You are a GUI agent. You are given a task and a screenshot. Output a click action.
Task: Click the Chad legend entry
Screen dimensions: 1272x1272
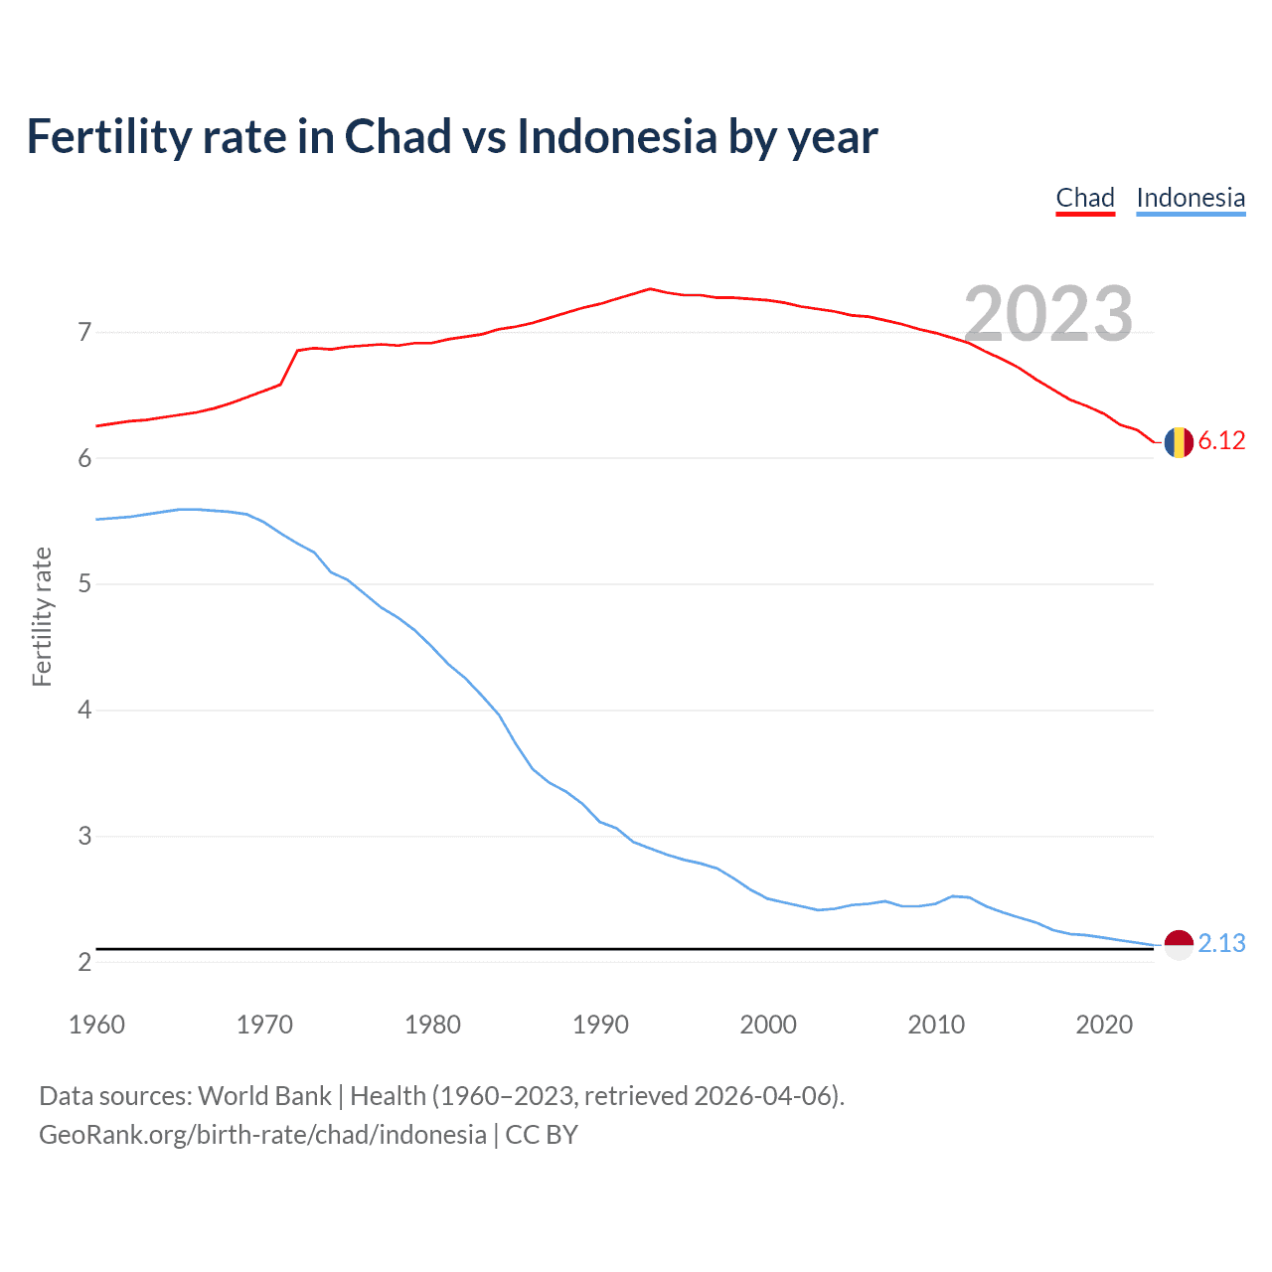pyautogui.click(x=1085, y=198)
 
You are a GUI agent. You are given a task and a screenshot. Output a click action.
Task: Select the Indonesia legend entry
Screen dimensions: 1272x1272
pyautogui.click(x=1191, y=198)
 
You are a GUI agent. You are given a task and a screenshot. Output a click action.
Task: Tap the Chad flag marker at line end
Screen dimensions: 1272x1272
pyautogui.click(x=1179, y=441)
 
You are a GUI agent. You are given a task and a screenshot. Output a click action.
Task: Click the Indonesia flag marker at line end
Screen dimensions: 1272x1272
pyautogui.click(x=1179, y=944)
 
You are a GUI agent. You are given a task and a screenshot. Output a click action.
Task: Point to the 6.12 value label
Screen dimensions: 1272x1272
pyautogui.click(x=1221, y=441)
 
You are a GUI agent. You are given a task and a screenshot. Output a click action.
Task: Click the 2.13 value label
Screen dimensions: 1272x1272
pyautogui.click(x=1221, y=944)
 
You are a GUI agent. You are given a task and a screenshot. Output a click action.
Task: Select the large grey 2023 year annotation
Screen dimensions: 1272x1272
pyautogui.click(x=1048, y=314)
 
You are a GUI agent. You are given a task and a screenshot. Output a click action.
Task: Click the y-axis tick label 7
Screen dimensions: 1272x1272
pyautogui.click(x=84, y=332)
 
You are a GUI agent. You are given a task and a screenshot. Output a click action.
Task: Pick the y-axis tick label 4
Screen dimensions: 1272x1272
pyautogui.click(x=84, y=711)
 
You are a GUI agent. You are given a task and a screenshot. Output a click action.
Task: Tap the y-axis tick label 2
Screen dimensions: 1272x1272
pyautogui.click(x=84, y=962)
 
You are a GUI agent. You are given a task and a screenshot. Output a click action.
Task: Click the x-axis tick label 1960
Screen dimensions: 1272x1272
pyautogui.click(x=96, y=1025)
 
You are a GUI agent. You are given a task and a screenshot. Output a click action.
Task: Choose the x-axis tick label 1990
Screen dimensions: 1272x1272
pyautogui.click(x=600, y=1025)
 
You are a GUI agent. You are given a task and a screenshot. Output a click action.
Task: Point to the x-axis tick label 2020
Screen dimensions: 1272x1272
pyautogui.click(x=1104, y=1025)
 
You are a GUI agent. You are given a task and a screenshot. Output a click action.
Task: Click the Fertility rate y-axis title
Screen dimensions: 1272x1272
pyautogui.click(x=42, y=616)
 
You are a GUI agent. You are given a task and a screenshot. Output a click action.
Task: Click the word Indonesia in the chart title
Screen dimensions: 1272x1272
pyautogui.click(x=616, y=137)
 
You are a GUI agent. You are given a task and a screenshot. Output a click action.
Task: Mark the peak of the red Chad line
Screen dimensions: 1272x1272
pyautogui.click(x=650, y=288)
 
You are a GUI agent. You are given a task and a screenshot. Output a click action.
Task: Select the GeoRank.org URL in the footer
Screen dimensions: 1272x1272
pyautogui.click(x=262, y=1135)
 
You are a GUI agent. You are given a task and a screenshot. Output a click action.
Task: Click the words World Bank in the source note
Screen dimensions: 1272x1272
pyautogui.click(x=264, y=1096)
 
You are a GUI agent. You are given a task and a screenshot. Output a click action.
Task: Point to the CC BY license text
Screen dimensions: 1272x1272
pyautogui.click(x=542, y=1135)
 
